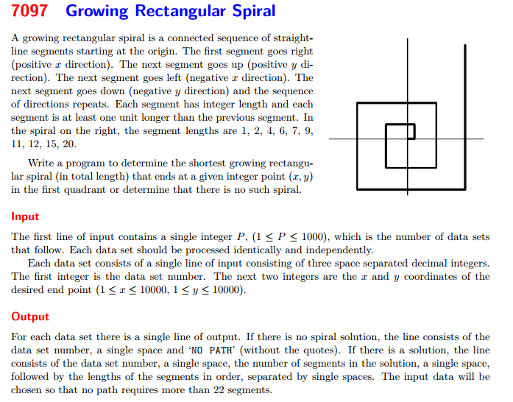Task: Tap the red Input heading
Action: pyautogui.click(x=25, y=216)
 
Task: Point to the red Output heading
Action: pyautogui.click(x=30, y=317)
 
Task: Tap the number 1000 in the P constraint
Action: pyautogui.click(x=313, y=237)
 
